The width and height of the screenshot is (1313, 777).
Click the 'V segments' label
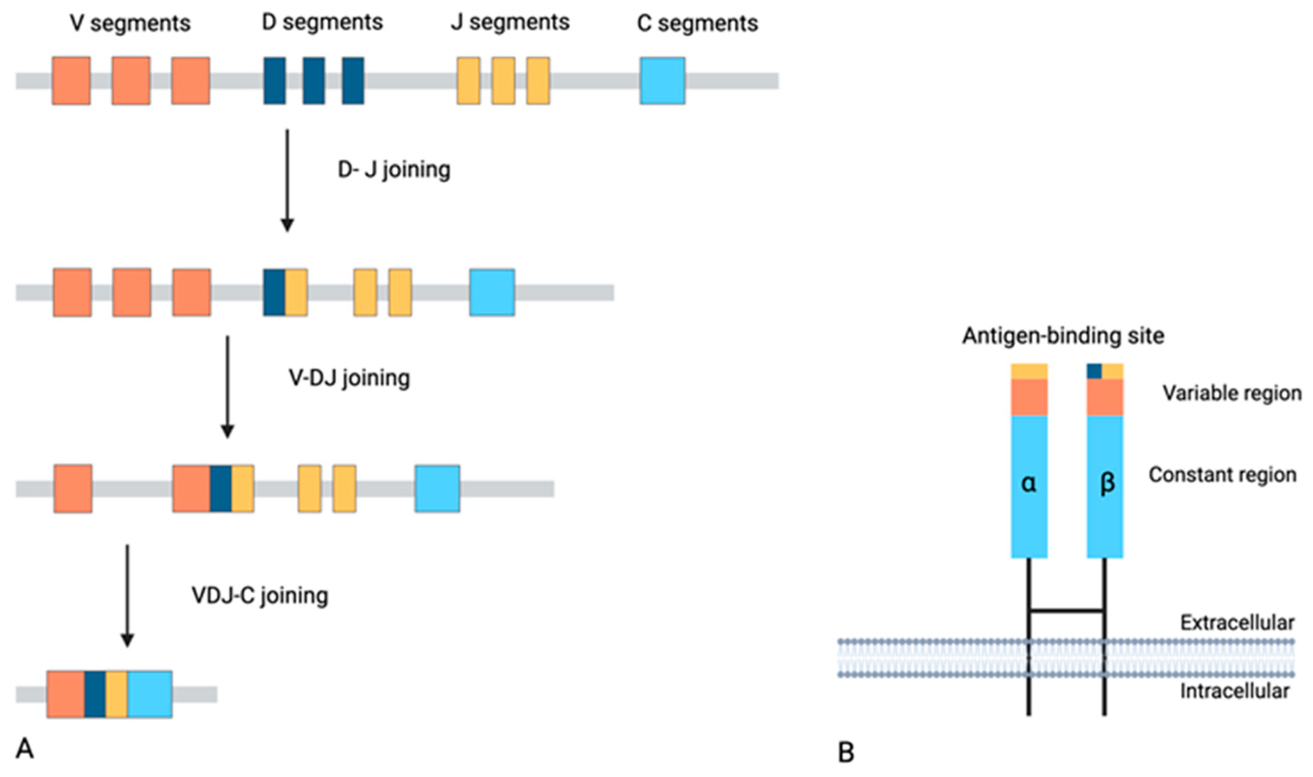point(130,24)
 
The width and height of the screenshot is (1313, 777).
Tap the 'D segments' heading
point(322,22)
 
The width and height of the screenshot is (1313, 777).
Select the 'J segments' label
point(510,22)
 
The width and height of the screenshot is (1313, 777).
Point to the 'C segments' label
point(697,24)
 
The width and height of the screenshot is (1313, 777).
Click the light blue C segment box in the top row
point(662,81)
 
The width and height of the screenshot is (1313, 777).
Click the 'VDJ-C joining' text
point(260,595)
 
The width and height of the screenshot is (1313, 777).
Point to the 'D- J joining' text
point(394,170)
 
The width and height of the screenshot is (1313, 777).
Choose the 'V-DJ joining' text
point(349,377)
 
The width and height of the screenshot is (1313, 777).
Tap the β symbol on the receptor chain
point(1105,483)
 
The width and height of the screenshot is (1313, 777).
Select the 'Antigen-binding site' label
point(1063,335)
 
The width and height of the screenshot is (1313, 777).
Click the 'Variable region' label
point(1232,393)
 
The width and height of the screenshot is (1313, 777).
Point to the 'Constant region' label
point(1222,475)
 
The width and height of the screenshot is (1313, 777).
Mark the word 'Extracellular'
point(1237,623)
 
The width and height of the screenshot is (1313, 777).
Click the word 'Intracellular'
point(1234,691)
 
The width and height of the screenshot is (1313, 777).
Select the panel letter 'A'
point(25,749)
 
